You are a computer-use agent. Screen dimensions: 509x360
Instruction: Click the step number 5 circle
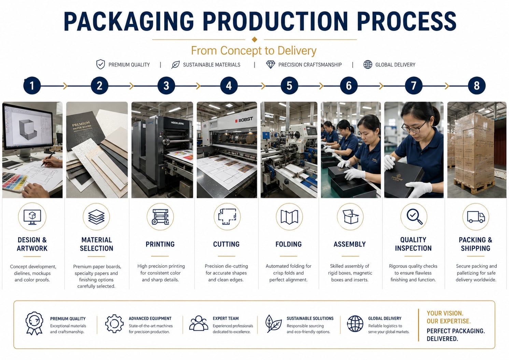(x=289, y=86)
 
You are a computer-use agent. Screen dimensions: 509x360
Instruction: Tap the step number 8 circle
(x=477, y=86)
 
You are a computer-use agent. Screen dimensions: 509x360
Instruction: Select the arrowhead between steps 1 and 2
(x=66, y=86)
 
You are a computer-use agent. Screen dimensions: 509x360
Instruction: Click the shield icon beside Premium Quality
(x=100, y=64)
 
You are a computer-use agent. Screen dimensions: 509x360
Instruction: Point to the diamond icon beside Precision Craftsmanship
(x=270, y=64)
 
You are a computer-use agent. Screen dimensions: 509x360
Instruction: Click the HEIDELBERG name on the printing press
(x=178, y=123)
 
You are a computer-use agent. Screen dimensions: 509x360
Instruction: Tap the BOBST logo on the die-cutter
(x=244, y=119)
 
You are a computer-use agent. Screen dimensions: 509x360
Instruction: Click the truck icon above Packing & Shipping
(x=476, y=217)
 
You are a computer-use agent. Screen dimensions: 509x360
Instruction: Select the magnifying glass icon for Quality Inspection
(x=414, y=216)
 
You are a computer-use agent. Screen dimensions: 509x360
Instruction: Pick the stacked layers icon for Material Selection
(x=96, y=217)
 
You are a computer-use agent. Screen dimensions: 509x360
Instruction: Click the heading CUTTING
(x=226, y=244)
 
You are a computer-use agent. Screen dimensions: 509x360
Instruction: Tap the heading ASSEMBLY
(x=350, y=244)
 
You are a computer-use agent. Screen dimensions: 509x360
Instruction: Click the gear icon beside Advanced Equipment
(x=114, y=324)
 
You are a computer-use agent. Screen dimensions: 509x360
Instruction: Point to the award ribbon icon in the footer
(x=34, y=323)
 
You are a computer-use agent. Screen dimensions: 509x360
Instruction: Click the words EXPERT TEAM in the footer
(x=226, y=318)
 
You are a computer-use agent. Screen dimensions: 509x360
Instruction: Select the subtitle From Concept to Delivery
(x=254, y=51)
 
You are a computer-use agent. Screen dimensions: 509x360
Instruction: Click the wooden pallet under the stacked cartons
(x=475, y=186)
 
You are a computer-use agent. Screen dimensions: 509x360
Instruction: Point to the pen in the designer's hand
(x=48, y=159)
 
